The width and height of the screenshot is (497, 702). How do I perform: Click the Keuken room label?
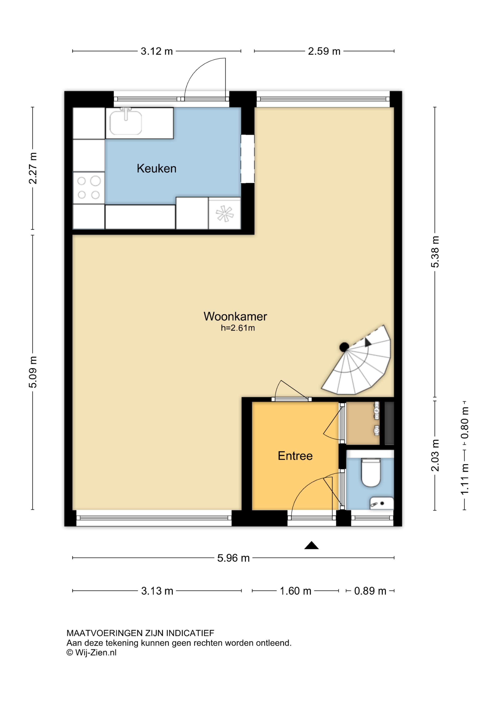pyautogui.click(x=156, y=169)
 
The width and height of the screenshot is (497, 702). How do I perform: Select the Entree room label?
pyautogui.click(x=295, y=456)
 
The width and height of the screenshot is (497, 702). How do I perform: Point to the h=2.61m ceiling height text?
pyautogui.click(x=238, y=328)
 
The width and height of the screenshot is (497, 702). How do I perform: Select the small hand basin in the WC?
pyautogui.click(x=382, y=503)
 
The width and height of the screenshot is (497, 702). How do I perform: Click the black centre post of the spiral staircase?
pyautogui.click(x=344, y=347)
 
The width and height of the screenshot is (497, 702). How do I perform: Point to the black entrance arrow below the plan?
pyautogui.click(x=312, y=545)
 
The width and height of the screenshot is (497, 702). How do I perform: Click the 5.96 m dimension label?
pyautogui.click(x=234, y=558)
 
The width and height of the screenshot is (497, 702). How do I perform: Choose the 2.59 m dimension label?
pyautogui.click(x=324, y=51)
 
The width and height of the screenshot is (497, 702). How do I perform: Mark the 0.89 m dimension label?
pyautogui.click(x=370, y=591)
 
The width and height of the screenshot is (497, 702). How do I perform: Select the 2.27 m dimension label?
pyautogui.click(x=33, y=168)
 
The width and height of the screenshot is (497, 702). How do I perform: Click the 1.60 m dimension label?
pyautogui.click(x=296, y=591)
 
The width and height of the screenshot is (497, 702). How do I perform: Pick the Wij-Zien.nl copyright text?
pyautogui.click(x=92, y=653)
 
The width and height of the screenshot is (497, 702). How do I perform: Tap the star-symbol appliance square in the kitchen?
pyautogui.click(x=224, y=213)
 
